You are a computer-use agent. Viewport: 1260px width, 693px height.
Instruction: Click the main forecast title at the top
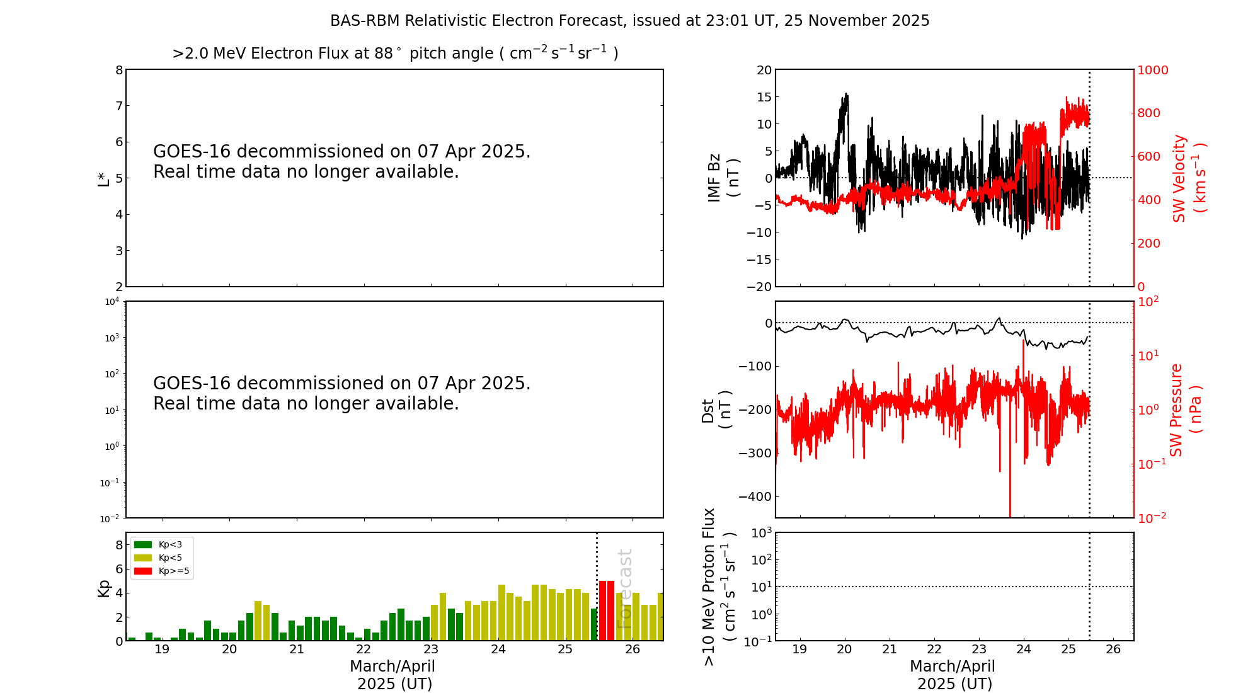pos(630,21)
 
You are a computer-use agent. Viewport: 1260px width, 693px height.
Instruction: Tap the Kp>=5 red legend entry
pos(161,571)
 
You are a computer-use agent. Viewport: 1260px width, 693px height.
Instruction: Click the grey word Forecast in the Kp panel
pos(624,589)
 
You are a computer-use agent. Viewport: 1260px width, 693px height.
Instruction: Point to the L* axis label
pos(103,178)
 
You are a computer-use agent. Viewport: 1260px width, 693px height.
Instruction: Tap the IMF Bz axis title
pos(723,178)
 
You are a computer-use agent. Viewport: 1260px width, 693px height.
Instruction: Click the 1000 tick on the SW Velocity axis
pos(1152,70)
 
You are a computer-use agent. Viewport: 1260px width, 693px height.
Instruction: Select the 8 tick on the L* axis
pos(119,70)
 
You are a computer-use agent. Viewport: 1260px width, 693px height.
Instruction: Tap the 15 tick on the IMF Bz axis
pos(764,97)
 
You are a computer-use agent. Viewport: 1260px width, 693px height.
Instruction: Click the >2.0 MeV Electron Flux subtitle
pos(395,53)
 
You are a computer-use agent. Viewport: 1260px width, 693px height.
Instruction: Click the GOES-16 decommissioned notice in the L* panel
pos(342,161)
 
